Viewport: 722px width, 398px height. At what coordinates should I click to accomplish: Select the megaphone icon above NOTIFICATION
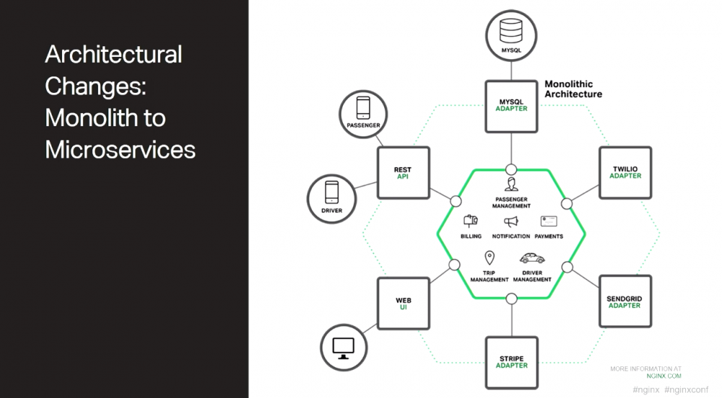(510, 223)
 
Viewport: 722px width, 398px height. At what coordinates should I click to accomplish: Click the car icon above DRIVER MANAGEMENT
(532, 258)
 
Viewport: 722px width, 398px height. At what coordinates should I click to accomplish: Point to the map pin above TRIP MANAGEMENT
(490, 257)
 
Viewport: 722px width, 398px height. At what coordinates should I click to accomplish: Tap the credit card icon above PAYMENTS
(549, 221)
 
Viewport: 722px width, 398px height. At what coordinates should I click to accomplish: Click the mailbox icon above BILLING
(471, 221)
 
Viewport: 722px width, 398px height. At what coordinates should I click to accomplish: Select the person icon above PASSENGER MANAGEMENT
(511, 184)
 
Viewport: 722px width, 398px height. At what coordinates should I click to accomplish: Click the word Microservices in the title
(120, 150)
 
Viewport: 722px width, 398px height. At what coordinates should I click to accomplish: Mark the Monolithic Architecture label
(573, 89)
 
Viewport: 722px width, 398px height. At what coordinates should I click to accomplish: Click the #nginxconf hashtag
(686, 390)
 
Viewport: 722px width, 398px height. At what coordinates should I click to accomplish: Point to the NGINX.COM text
(664, 376)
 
